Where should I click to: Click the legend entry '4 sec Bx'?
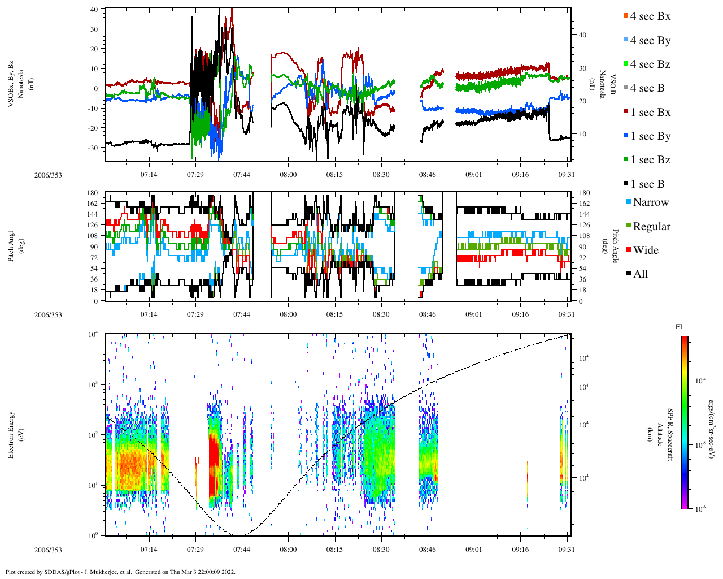click(x=650, y=16)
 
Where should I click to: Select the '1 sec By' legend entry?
click(x=650, y=136)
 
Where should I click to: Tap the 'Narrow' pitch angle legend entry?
click(x=651, y=202)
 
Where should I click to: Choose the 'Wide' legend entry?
click(x=646, y=250)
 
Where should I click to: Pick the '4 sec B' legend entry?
click(x=647, y=88)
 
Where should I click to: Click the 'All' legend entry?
click(x=641, y=274)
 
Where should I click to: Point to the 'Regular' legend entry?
click(x=651, y=227)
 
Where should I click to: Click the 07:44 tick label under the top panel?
click(x=242, y=175)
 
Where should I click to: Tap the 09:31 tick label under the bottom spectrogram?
click(x=567, y=549)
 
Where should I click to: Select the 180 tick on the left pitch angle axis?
click(x=93, y=193)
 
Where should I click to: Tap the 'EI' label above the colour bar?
click(x=679, y=327)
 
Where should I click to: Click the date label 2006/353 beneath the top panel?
click(x=48, y=175)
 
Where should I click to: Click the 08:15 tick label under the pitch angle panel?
click(x=334, y=314)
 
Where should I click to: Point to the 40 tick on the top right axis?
click(x=582, y=35)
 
